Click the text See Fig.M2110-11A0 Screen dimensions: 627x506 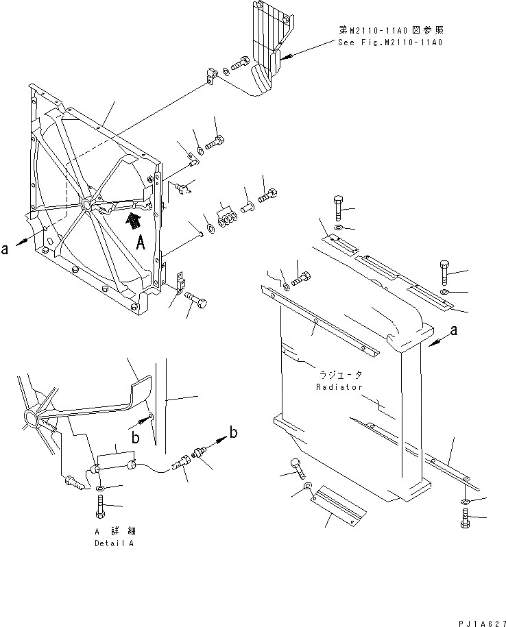tap(390, 42)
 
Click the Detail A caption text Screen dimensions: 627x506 tap(120, 543)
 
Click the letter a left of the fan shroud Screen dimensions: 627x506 tap(5, 249)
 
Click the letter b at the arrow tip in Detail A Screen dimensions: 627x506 tap(234, 432)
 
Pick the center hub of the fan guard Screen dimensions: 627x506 tap(86, 204)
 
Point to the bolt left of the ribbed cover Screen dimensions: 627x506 tap(241, 64)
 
